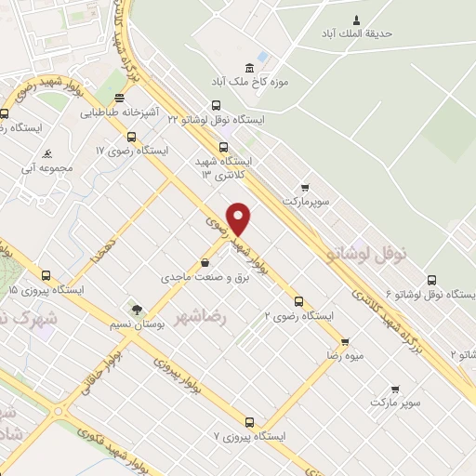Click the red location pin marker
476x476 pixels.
point(239,218)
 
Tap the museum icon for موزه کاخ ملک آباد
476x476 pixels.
point(248,67)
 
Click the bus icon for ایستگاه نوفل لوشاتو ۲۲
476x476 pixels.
point(216,105)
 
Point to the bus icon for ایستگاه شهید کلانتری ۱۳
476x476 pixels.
point(223,146)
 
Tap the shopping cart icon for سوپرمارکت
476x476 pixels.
point(305,186)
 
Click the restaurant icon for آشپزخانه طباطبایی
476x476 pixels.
point(118,99)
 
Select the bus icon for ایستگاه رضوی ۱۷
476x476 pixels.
point(130,136)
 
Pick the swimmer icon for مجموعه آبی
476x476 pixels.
point(46,154)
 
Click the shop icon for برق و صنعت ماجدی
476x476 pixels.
point(205,263)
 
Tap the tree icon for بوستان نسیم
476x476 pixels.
point(138,308)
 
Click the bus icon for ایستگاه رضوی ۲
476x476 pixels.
point(298,301)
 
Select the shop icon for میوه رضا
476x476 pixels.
point(345,341)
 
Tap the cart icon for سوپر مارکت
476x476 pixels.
point(395,389)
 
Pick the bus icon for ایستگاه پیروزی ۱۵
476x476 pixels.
point(46,275)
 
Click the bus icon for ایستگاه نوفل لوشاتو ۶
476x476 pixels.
point(431,280)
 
